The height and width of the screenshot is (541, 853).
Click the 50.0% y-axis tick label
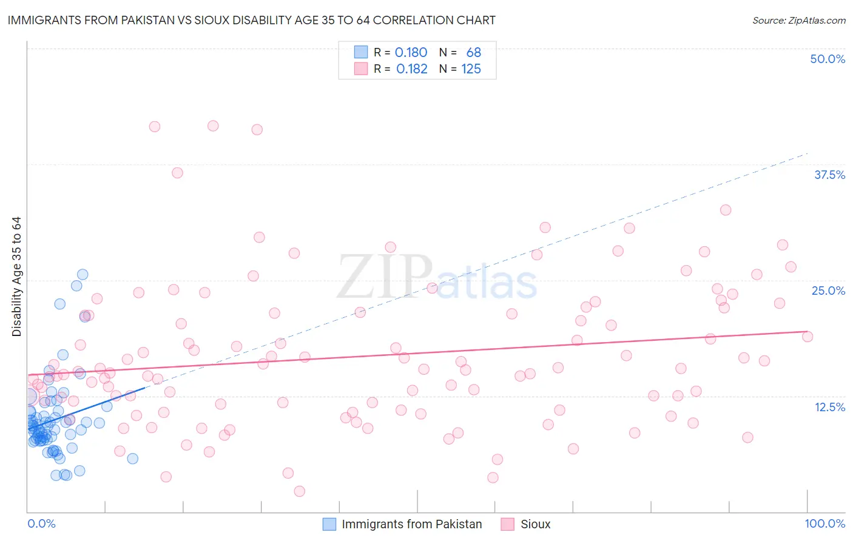point(828,59)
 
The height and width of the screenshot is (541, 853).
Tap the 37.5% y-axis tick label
point(829,175)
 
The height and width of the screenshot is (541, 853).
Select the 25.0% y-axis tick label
point(828,291)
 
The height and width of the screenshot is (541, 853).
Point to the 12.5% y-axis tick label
point(829,407)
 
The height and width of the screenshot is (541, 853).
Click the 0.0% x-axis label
point(41,523)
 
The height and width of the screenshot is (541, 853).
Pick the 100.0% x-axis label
point(824,523)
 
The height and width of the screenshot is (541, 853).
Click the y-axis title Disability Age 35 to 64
point(16,277)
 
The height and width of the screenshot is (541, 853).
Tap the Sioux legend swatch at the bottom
point(507,524)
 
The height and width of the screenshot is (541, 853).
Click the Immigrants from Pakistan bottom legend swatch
point(329,524)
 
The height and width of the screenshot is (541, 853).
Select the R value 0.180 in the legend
point(411,53)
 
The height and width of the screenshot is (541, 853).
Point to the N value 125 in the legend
point(471,69)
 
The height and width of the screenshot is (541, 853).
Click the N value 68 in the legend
point(473,53)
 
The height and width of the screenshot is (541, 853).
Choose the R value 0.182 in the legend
point(411,69)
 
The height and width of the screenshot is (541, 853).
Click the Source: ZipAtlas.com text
point(798,21)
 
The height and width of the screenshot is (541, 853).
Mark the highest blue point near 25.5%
point(83,275)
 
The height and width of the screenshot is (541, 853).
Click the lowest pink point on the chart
point(299,491)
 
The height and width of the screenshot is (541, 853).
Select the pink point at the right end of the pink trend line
point(807,337)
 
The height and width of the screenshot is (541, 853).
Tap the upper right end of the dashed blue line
point(807,153)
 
